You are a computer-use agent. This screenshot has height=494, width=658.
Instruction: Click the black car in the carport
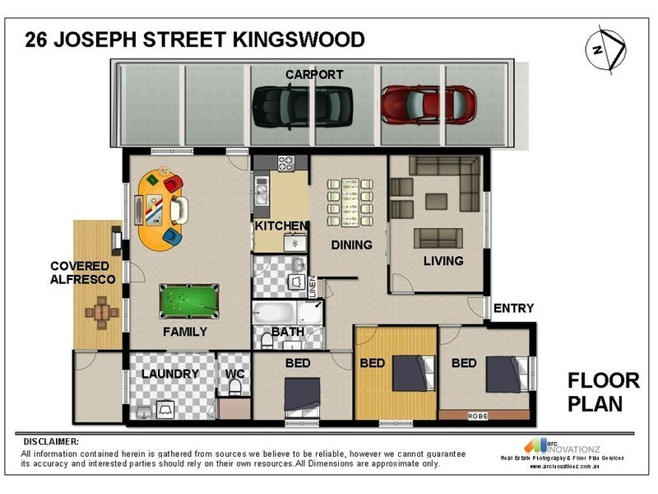[x=302, y=106]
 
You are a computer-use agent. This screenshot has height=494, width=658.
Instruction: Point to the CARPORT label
[x=313, y=75]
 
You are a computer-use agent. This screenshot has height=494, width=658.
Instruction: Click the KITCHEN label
[x=280, y=226]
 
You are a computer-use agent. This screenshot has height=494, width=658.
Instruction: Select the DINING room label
[x=351, y=245]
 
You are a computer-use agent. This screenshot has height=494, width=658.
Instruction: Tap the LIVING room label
[x=443, y=261]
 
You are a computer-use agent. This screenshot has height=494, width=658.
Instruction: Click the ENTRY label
[x=513, y=309]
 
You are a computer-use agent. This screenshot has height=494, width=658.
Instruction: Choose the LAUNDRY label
[x=169, y=374]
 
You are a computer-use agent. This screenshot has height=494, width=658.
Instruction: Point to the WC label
[x=235, y=374]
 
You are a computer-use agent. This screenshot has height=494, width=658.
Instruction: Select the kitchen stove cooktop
[x=286, y=163]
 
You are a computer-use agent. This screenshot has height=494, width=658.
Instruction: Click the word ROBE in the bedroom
[x=477, y=416]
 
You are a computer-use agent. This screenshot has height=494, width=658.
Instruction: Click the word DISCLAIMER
[x=52, y=441]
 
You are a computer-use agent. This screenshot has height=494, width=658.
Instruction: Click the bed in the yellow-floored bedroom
[x=409, y=372]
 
